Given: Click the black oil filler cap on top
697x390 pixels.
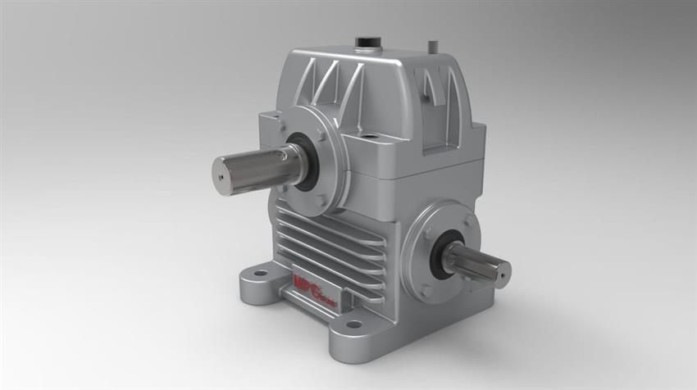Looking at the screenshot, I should tap(366, 42).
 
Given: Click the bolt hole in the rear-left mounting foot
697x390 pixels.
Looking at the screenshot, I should tap(260, 274).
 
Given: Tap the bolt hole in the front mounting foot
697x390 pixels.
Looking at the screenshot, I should tap(353, 325).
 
